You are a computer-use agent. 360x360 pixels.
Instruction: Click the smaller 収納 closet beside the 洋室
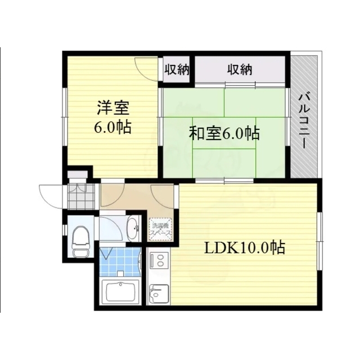tap(176, 70)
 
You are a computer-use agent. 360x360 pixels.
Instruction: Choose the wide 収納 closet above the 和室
tap(240, 70)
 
